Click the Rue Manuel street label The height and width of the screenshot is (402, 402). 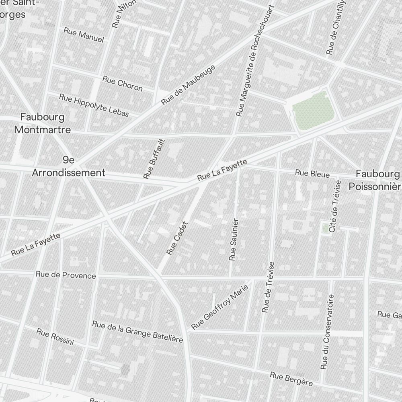coord(84,35)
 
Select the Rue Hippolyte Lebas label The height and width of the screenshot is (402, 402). coord(94,105)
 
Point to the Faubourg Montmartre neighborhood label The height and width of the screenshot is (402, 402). coord(42,123)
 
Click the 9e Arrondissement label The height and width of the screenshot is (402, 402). coord(68,166)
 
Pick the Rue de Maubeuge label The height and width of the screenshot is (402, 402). coord(188,85)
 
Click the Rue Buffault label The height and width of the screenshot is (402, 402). coord(154,159)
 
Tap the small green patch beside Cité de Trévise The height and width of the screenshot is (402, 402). coord(325,228)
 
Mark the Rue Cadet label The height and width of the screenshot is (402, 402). coord(177,238)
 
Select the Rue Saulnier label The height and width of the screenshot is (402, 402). coord(234,240)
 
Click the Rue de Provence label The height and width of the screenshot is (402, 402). coord(66,275)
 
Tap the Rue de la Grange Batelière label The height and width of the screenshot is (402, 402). coord(137,332)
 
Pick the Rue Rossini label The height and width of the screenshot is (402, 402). coord(55,336)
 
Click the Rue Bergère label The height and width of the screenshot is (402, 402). coord(291,379)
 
